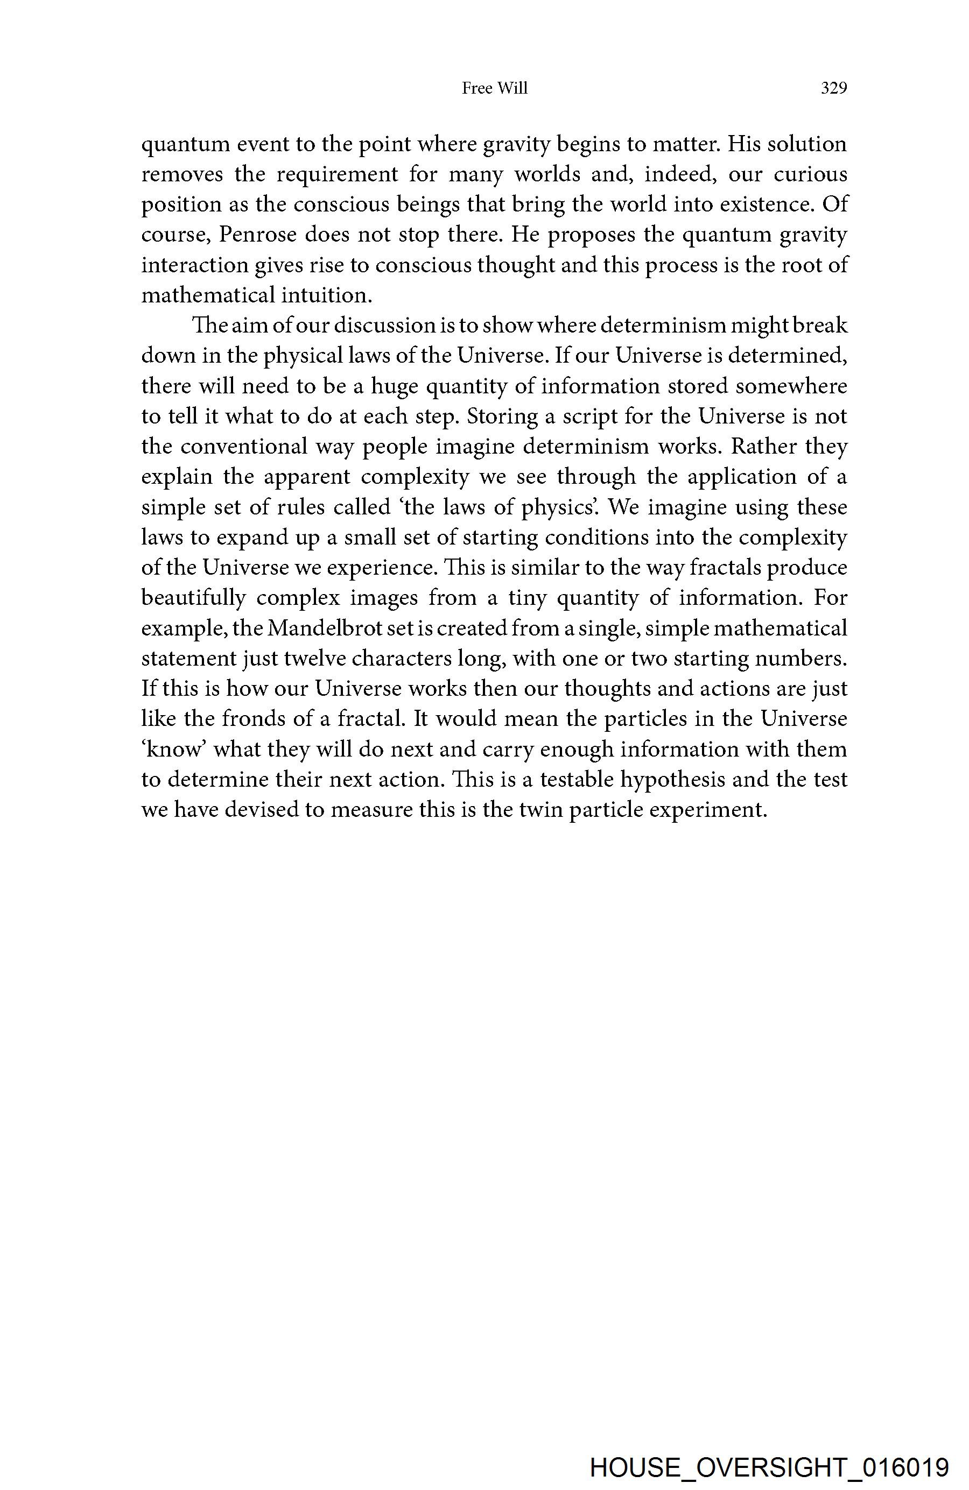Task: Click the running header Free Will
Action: pyautogui.click(x=494, y=89)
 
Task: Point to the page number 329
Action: pyautogui.click(x=833, y=89)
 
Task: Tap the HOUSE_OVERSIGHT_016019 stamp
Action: pyautogui.click(x=769, y=1467)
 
